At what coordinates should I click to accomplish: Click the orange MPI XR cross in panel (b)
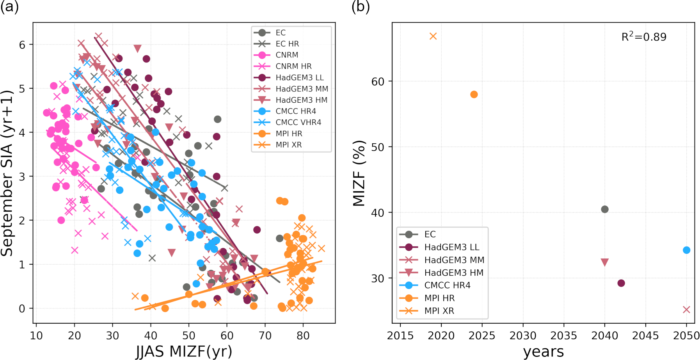pyautogui.click(x=433, y=36)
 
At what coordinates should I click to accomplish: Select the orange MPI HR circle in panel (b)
pyautogui.click(x=474, y=94)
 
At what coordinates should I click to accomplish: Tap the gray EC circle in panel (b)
pyautogui.click(x=604, y=209)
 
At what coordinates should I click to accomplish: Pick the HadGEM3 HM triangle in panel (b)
pyautogui.click(x=604, y=262)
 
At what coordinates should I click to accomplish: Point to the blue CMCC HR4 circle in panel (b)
pyautogui.click(x=686, y=250)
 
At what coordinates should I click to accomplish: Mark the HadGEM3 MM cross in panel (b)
pyautogui.click(x=686, y=310)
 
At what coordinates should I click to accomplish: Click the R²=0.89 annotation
pyautogui.click(x=644, y=37)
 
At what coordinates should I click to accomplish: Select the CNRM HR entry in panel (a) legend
pyautogui.click(x=293, y=66)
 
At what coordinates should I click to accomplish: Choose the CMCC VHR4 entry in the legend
pyautogui.click(x=298, y=122)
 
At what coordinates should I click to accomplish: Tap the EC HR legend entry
pyautogui.click(x=287, y=44)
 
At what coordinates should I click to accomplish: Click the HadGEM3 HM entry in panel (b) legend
pyautogui.click(x=453, y=273)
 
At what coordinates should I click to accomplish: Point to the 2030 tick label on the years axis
pyautogui.click(x=523, y=335)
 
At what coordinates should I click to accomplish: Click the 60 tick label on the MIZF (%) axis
pyautogui.click(x=378, y=82)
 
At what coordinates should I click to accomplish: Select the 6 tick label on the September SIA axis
pyautogui.click(x=23, y=45)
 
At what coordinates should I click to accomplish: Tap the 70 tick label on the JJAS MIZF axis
pyautogui.click(x=265, y=335)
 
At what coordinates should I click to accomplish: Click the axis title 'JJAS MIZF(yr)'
pyautogui.click(x=184, y=351)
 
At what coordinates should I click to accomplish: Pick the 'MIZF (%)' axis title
pyautogui.click(x=359, y=173)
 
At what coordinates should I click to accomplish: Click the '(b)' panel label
pyautogui.click(x=361, y=7)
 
